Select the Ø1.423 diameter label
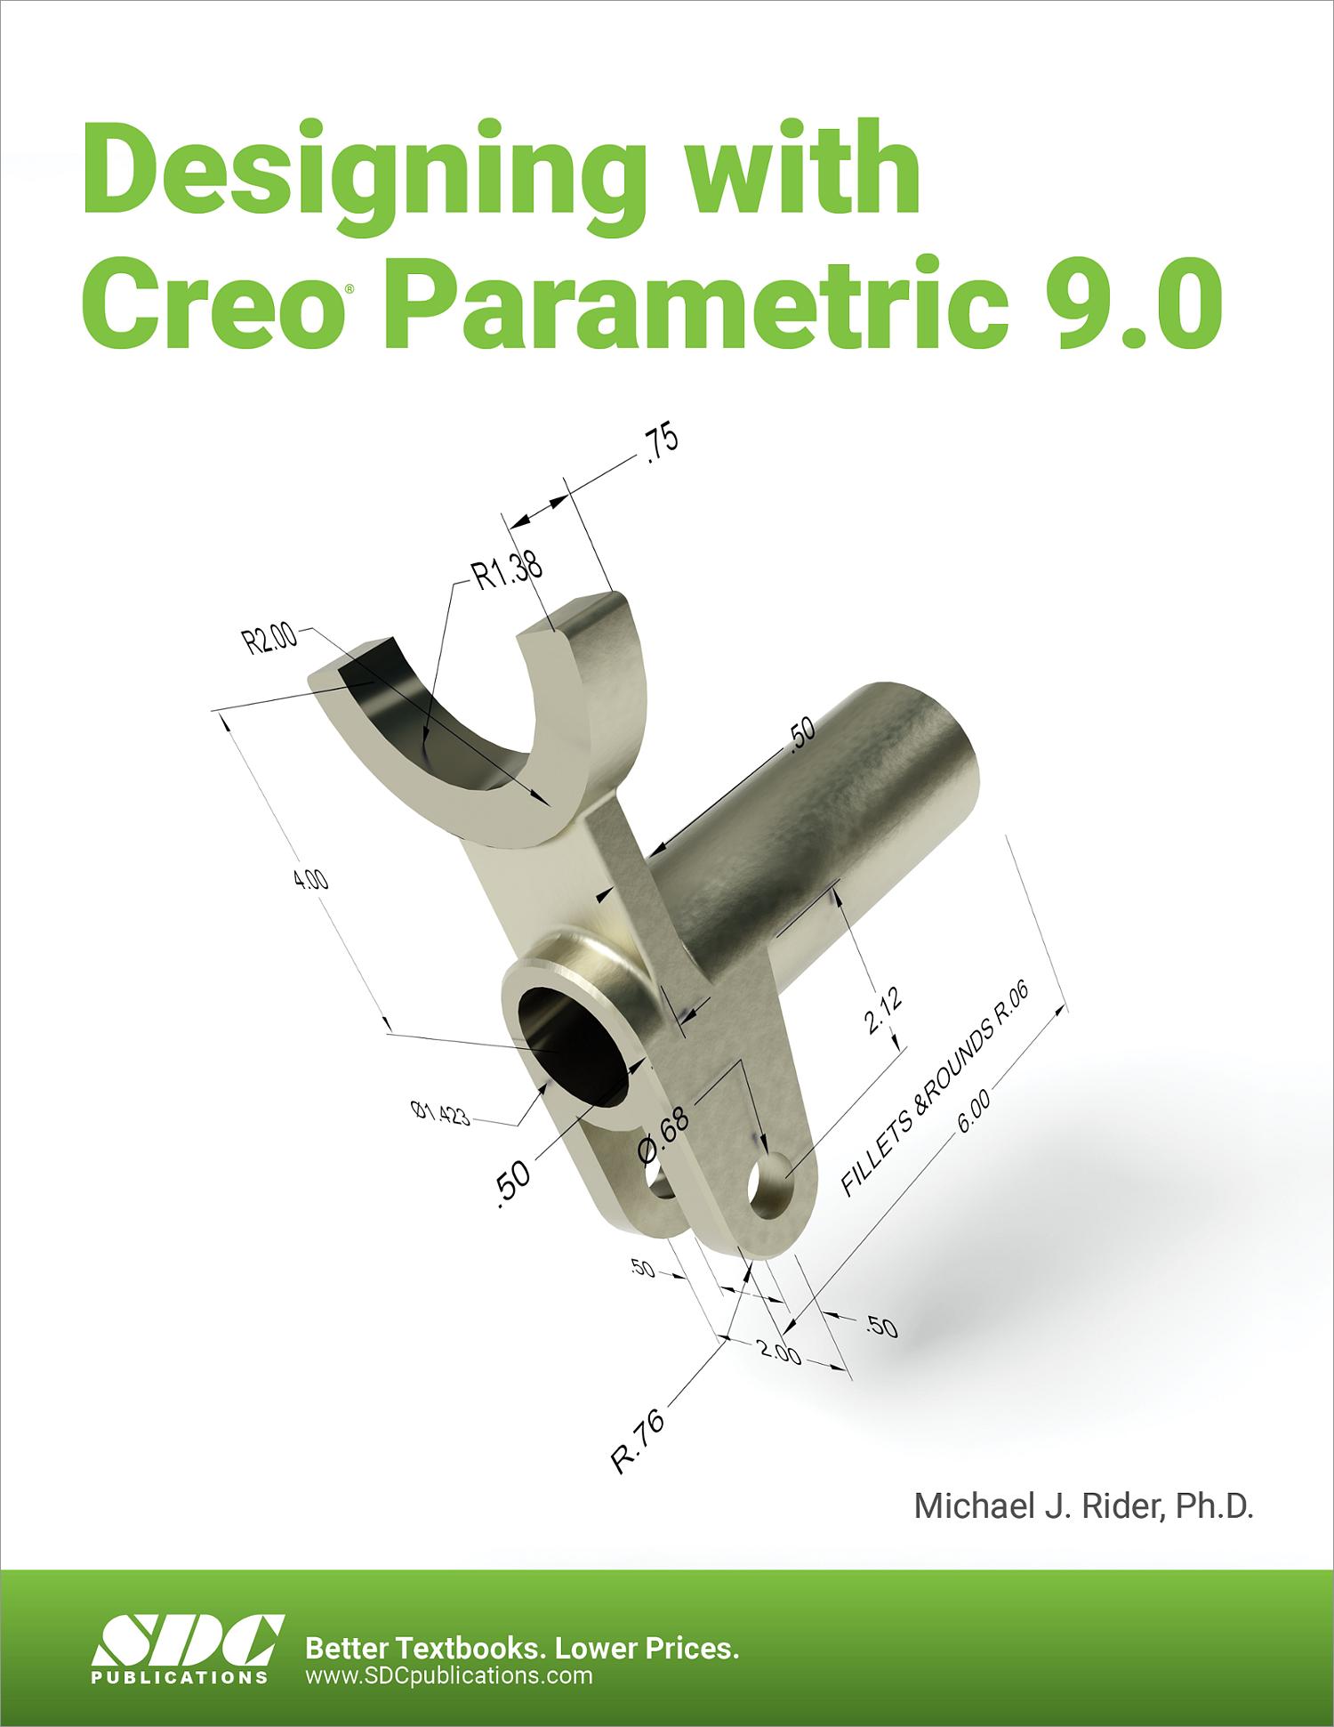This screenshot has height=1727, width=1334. tap(439, 1112)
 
